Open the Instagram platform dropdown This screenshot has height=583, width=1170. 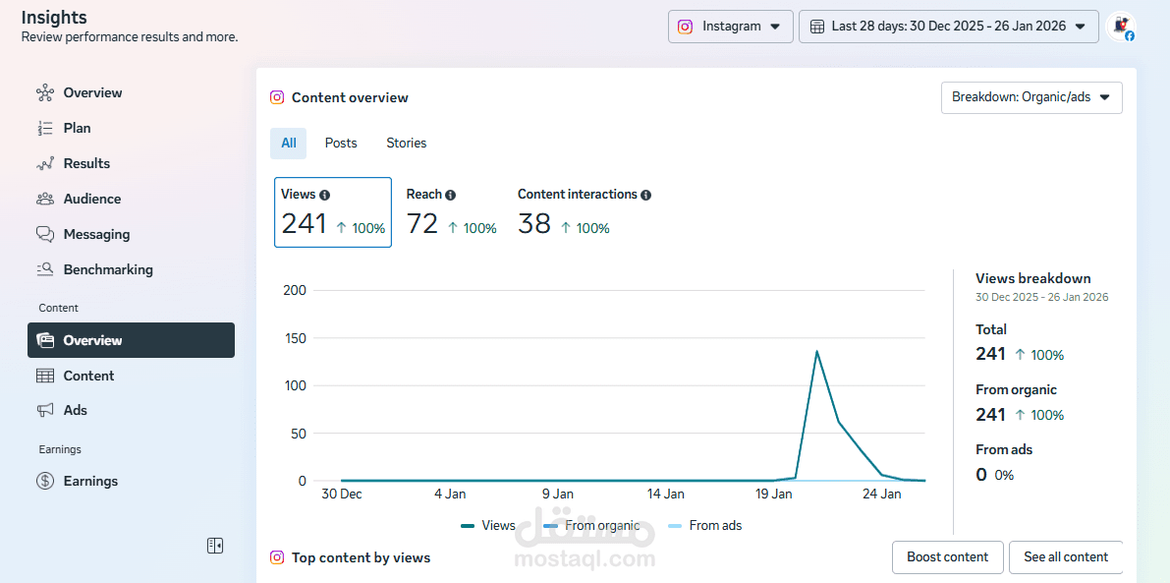[730, 27]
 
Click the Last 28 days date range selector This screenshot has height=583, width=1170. [948, 27]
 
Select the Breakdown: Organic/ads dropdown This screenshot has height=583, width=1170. [1031, 97]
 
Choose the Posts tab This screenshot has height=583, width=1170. [341, 144]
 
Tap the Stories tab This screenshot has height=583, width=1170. [406, 144]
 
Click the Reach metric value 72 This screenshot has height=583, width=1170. [422, 224]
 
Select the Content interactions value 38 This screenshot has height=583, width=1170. [534, 224]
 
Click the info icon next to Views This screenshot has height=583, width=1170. [325, 196]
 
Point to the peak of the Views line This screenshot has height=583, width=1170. [816, 351]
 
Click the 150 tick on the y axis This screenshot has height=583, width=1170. [295, 338]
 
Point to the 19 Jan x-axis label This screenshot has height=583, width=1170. [774, 495]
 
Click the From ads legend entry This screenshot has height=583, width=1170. [704, 526]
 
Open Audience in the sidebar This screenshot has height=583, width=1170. [91, 199]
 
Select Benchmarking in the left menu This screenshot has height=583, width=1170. [107, 269]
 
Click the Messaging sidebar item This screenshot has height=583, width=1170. [96, 234]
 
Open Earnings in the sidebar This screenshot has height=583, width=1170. [90, 481]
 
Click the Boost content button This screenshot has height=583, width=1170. [947, 557]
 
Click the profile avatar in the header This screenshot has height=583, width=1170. [1120, 27]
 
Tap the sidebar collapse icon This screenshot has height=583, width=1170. [215, 546]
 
